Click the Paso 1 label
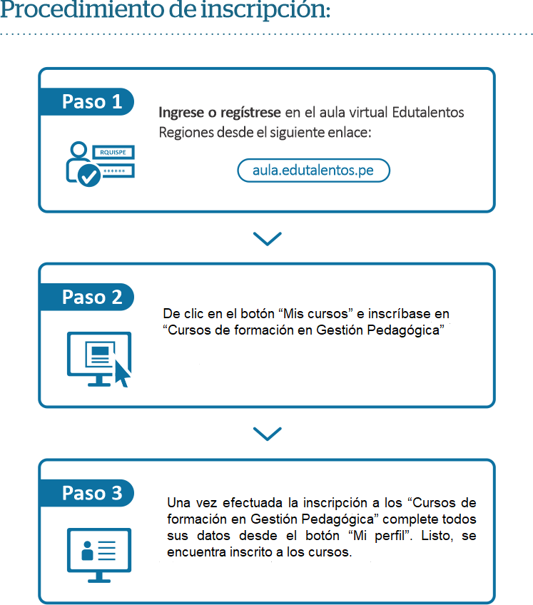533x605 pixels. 92,102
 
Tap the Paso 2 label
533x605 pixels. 92,297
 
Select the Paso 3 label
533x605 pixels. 92,493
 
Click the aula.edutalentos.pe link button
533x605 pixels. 313,170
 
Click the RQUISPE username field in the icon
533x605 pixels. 113,153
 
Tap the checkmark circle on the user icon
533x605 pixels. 89,176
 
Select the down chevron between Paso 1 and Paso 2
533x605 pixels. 268,238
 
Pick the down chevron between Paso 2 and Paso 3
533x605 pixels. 268,434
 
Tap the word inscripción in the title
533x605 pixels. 265,9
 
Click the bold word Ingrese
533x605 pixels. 181,113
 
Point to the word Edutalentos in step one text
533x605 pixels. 428,112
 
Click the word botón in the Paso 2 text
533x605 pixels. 257,314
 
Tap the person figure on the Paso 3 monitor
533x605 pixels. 87,551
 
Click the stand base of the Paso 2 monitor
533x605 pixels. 99,385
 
